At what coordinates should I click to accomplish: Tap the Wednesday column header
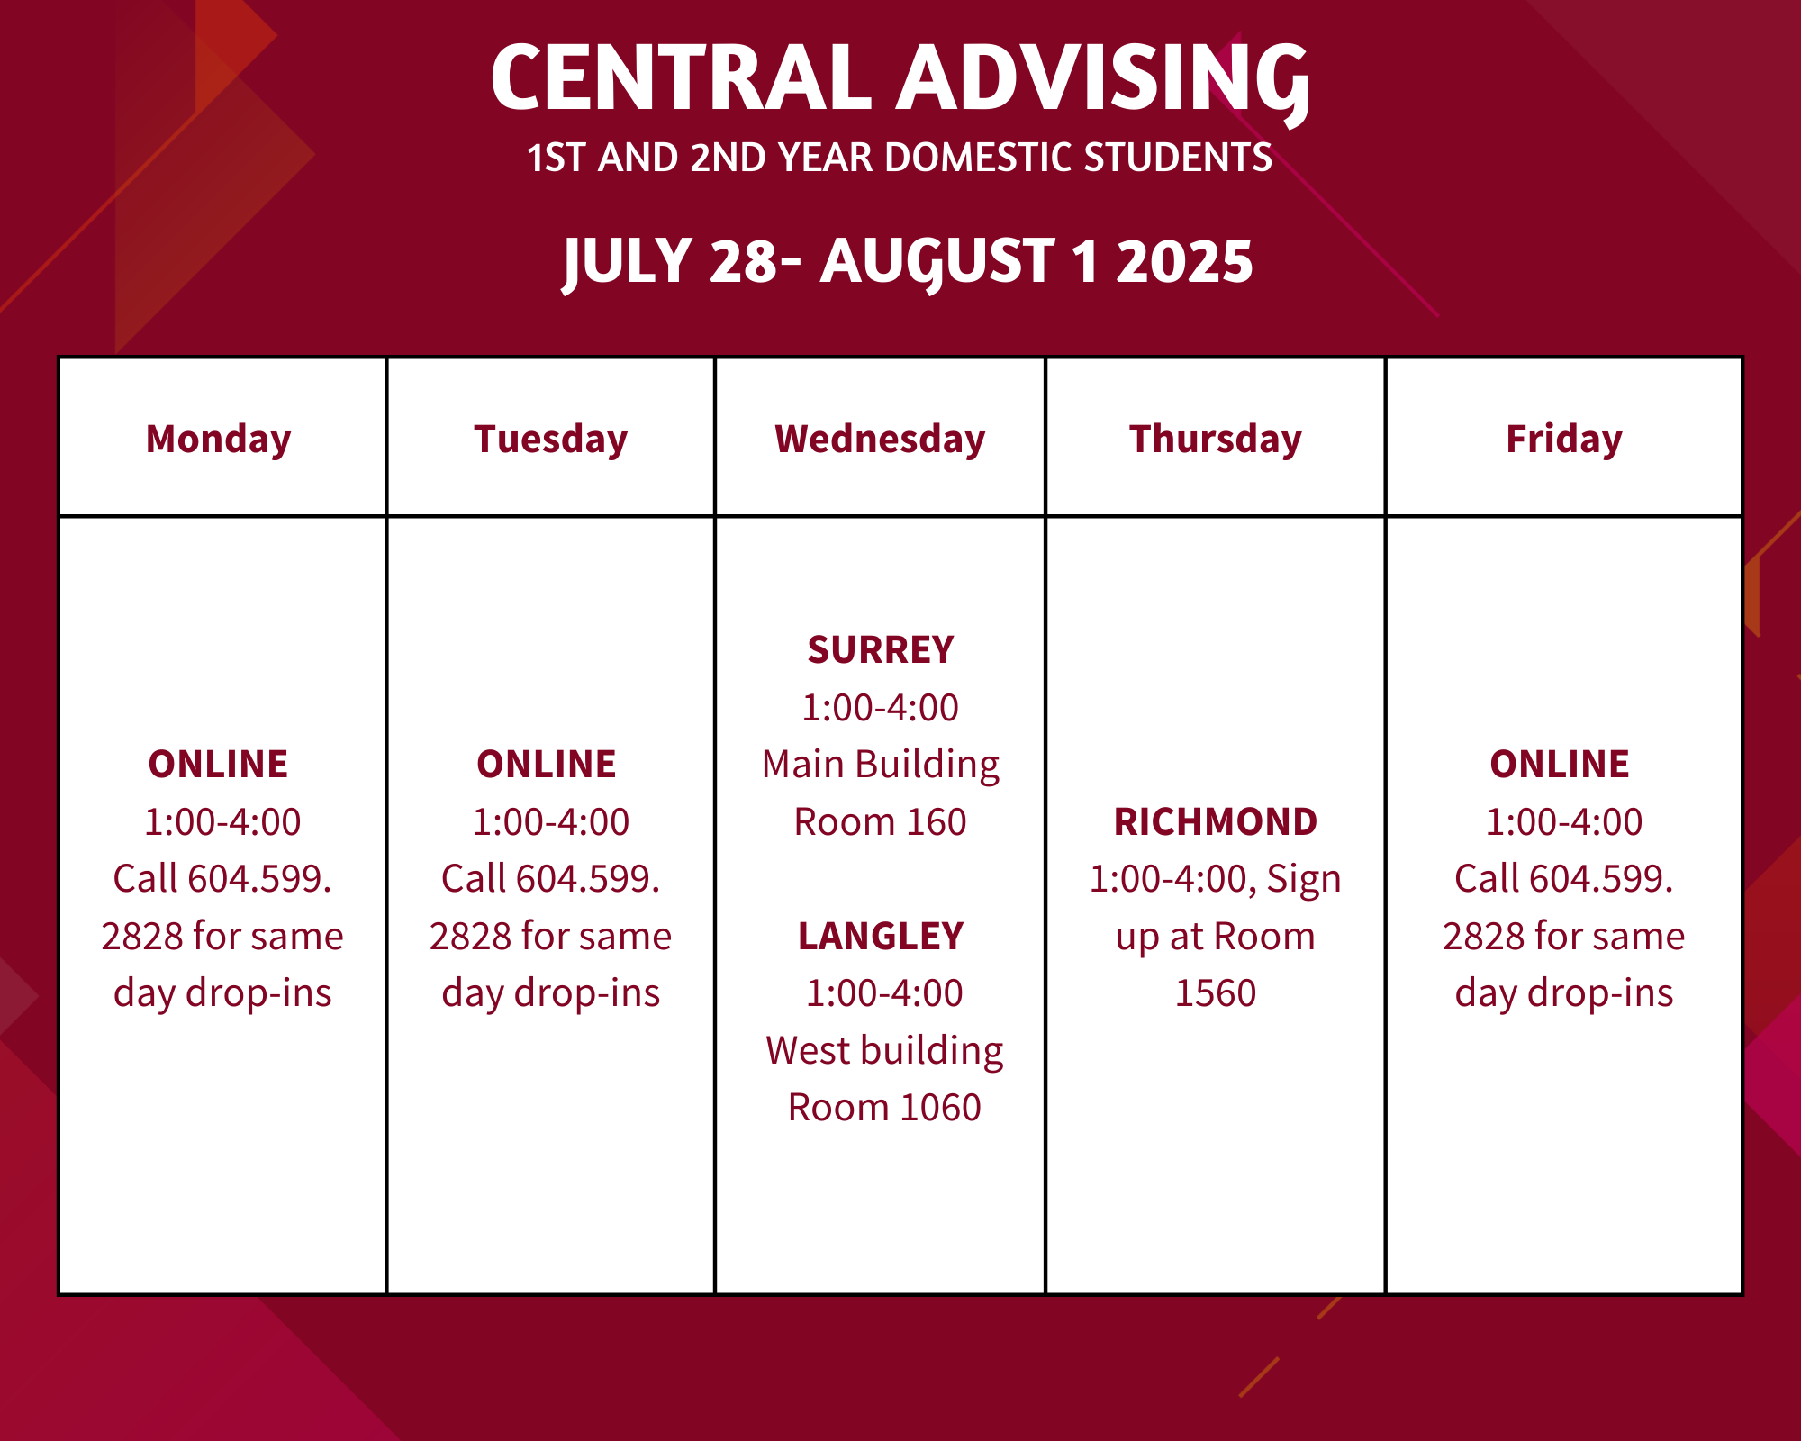click(880, 439)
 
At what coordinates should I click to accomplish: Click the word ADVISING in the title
click(1104, 81)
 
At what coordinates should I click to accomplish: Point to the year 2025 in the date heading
click(1184, 261)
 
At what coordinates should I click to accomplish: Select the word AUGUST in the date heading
click(937, 264)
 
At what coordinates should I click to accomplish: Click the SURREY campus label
click(881, 650)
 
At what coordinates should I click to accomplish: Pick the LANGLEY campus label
click(881, 937)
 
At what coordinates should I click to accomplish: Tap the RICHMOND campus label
click(1216, 822)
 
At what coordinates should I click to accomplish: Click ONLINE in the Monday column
click(219, 765)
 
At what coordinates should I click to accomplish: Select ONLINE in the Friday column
click(1560, 765)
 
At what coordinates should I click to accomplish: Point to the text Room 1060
click(884, 1108)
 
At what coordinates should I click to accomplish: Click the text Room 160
click(881, 822)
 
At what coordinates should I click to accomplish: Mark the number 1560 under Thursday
click(1216, 993)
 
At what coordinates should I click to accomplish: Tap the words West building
click(884, 1051)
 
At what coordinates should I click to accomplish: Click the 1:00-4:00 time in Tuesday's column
click(551, 822)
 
